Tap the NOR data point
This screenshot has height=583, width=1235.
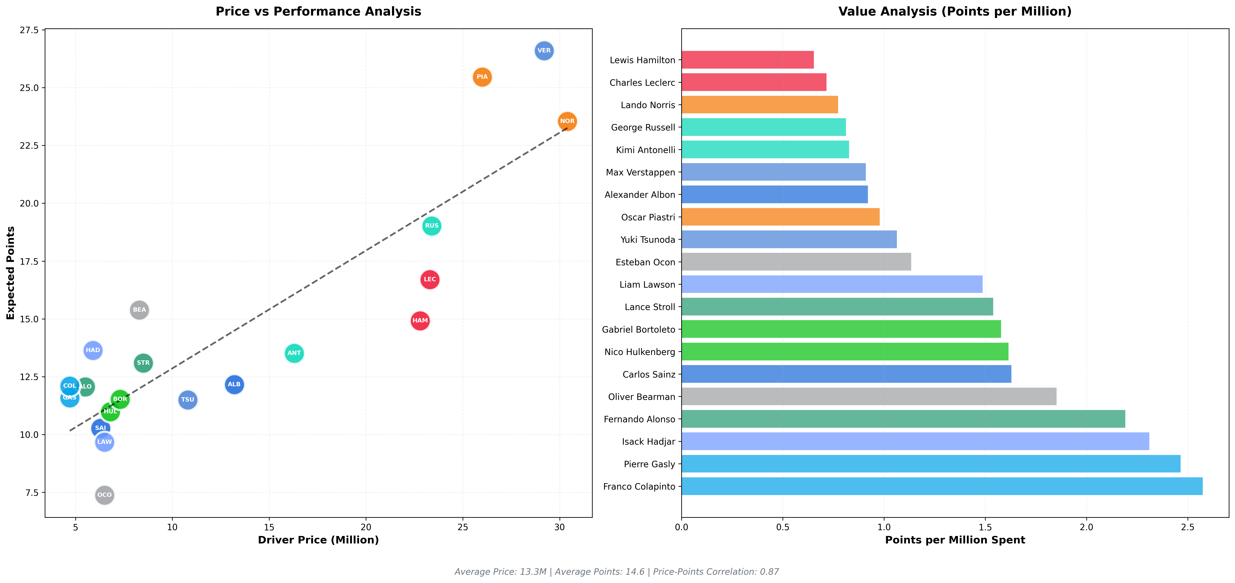click(x=567, y=121)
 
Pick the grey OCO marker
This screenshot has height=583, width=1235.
click(x=105, y=495)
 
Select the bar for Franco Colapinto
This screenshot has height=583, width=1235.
click(x=942, y=486)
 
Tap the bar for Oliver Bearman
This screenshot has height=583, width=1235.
click(x=869, y=396)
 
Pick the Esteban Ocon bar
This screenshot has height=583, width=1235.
click(x=796, y=262)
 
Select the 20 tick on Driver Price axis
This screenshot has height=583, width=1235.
click(x=366, y=527)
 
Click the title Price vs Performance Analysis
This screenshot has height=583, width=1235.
click(x=318, y=12)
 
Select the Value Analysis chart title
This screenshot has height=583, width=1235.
click(x=955, y=12)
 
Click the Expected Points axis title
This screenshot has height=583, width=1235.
click(x=11, y=273)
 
